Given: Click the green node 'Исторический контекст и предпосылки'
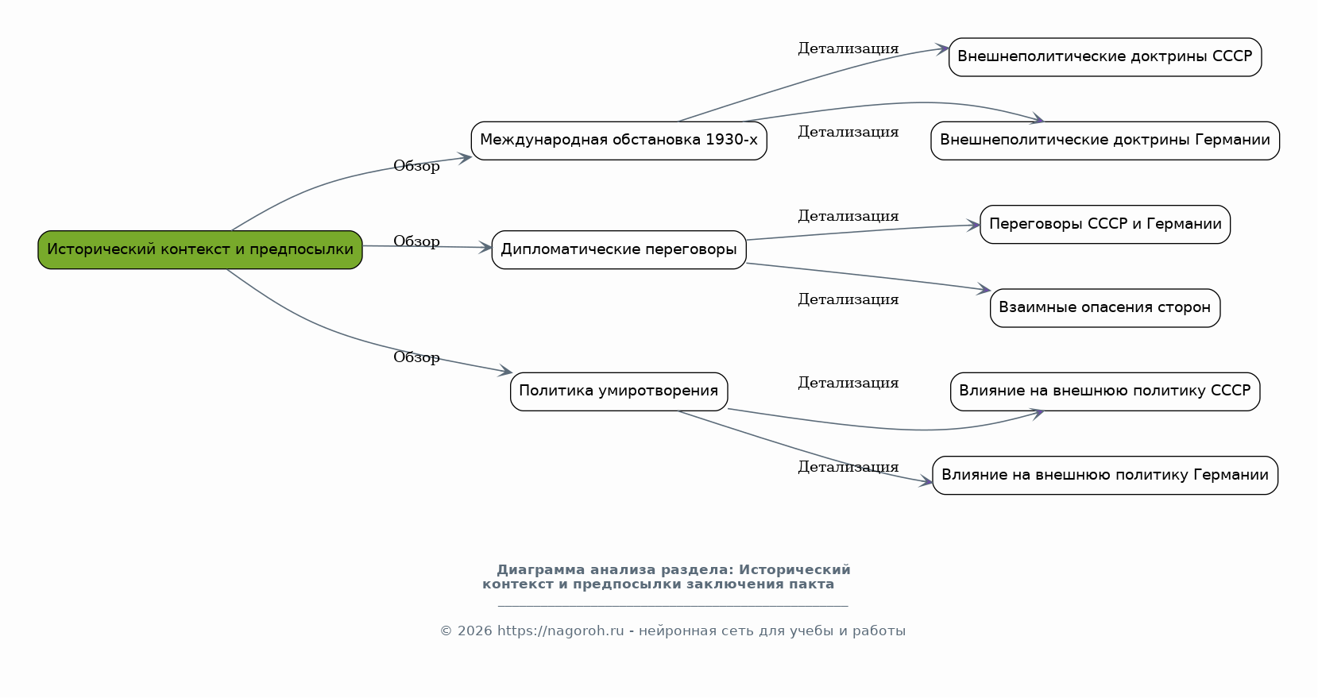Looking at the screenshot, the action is (x=200, y=250).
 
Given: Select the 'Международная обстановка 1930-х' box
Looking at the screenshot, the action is (x=619, y=141).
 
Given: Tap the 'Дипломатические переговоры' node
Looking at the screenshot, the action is (x=619, y=250).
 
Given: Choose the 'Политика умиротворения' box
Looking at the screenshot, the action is (x=619, y=391).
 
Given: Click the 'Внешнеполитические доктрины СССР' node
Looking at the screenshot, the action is (x=1105, y=57).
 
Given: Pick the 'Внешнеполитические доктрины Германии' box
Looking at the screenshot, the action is (x=1105, y=141).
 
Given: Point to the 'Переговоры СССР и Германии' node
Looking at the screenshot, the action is (x=1105, y=224).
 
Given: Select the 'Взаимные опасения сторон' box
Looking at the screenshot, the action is (x=1105, y=308).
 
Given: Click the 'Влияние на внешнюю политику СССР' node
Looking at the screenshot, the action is (x=1105, y=391).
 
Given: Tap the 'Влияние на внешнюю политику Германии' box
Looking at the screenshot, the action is (x=1105, y=475).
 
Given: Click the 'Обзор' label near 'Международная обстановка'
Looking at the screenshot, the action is (x=416, y=167).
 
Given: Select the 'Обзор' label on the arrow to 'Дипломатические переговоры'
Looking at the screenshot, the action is (x=416, y=241).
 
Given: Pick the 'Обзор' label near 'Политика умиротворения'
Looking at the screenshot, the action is (x=416, y=357).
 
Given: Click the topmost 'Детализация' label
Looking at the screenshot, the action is (x=848, y=48).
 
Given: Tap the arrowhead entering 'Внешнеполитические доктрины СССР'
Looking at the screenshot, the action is (x=942, y=48).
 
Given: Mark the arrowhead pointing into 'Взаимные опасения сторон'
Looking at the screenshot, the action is (x=984, y=289).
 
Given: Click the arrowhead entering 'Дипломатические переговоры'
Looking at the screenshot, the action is (x=485, y=248).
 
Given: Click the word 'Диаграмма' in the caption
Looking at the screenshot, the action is (x=541, y=570).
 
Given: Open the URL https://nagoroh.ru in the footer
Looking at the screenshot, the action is (x=560, y=631).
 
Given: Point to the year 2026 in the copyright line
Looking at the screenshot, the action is (x=474, y=631).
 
